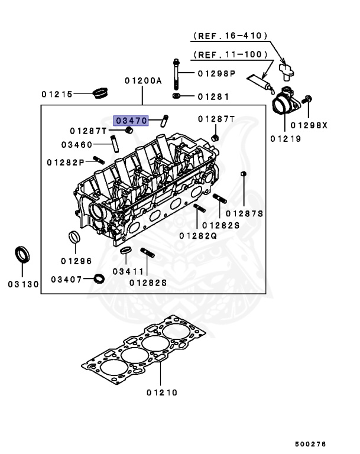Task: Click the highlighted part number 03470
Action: pos(131,120)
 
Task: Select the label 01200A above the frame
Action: pos(142,81)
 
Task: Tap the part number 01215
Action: pos(57,94)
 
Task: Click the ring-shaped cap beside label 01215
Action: pos(103,92)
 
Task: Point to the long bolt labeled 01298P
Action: pos(176,74)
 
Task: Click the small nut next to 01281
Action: pos(176,95)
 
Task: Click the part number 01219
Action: pos(286,139)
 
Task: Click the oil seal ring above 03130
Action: pos(22,255)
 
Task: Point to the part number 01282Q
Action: pos(198,236)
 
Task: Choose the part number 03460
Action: pos(76,144)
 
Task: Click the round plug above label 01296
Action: pos(74,238)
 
